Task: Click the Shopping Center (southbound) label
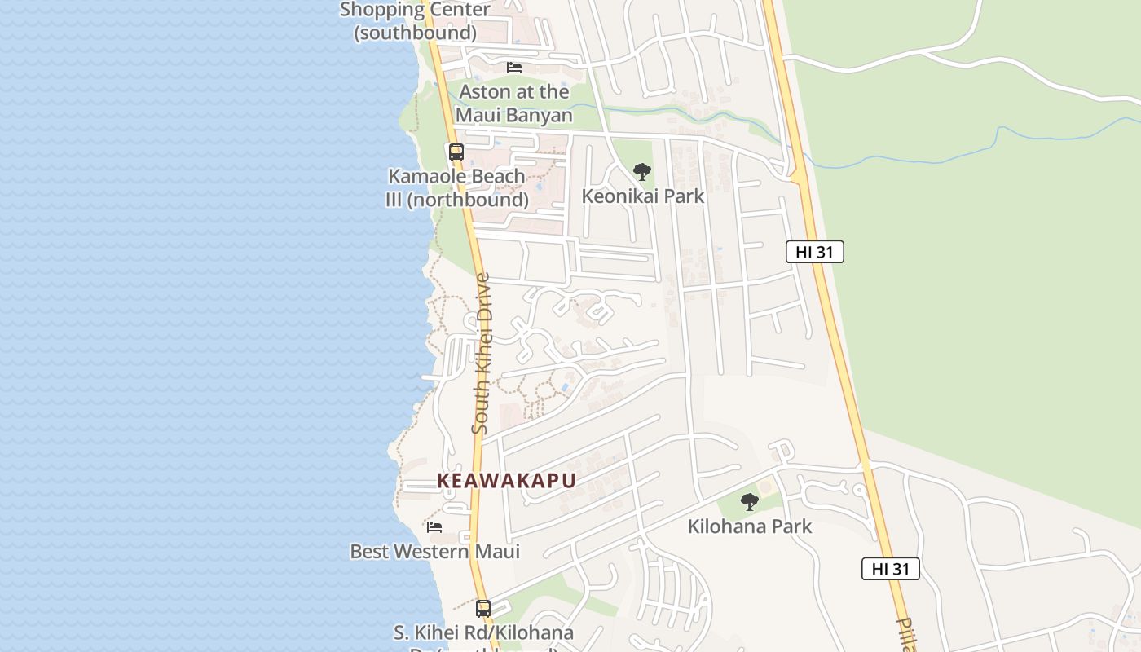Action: pos(415,21)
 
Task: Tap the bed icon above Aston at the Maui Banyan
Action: pos(514,67)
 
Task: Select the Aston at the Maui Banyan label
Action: pos(514,104)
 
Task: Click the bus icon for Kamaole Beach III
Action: pos(456,152)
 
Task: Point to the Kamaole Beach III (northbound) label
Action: pos(456,187)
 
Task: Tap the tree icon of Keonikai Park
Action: pos(642,172)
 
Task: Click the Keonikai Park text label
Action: pos(643,196)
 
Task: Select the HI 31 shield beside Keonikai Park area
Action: pos(814,252)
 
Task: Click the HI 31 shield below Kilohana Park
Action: pos(890,569)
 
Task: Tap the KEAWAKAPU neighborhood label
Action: pos(507,481)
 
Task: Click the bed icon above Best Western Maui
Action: pos(434,527)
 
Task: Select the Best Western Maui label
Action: pos(434,552)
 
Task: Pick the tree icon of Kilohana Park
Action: pos(750,502)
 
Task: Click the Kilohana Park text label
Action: pos(750,526)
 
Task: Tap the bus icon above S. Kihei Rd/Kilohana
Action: pos(483,608)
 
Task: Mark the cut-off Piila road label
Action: pos(907,635)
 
